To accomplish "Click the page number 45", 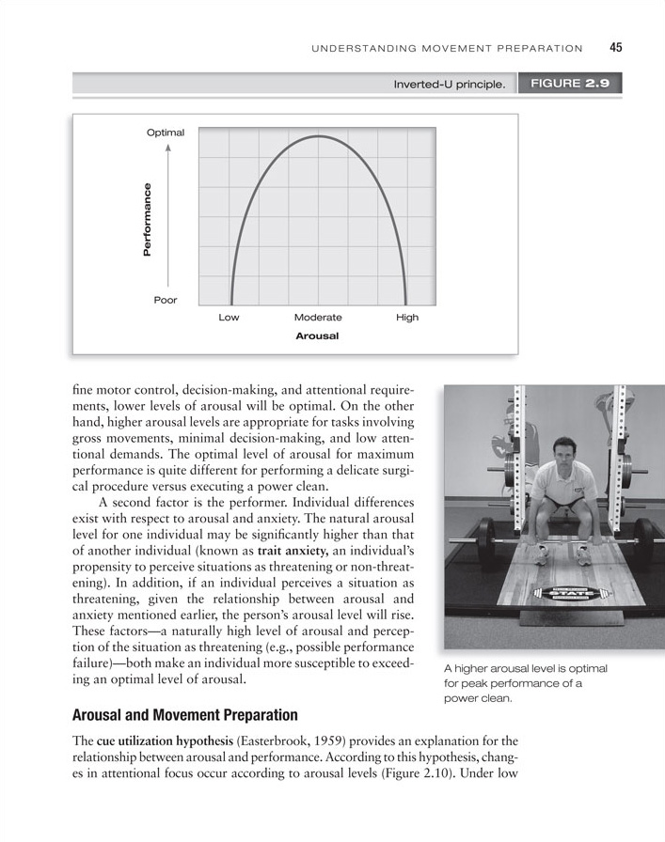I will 617,48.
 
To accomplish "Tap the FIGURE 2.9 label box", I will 570,84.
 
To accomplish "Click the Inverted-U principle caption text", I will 450,85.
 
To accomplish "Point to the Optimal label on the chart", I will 166,133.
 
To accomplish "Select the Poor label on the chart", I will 166,300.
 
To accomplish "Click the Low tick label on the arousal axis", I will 229,318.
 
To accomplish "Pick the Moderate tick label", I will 318,318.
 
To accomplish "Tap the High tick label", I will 407,318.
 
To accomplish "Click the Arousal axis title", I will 317,335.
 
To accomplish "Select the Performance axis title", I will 147,222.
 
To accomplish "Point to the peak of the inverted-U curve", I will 318,137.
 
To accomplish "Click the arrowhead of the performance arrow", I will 166,148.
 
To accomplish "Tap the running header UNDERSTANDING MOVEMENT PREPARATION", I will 447,49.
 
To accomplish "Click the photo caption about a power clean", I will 525,683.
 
